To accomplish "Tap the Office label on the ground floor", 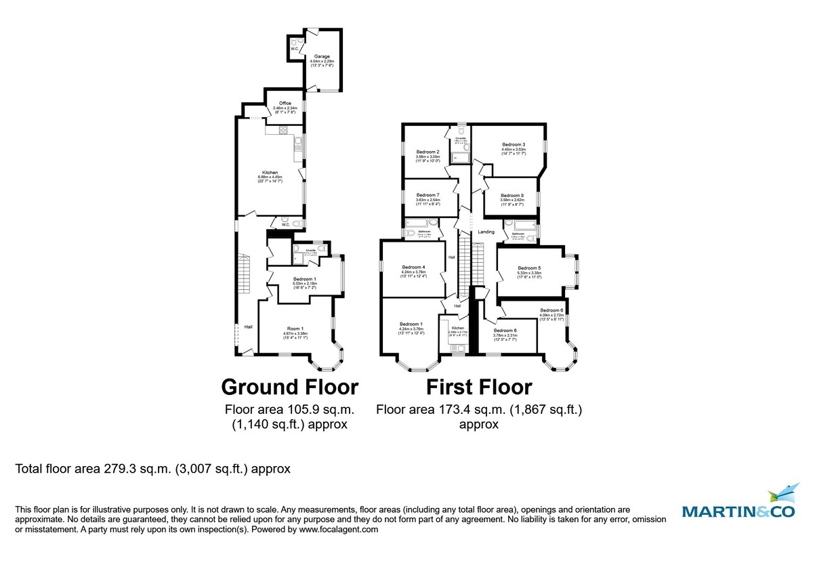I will point(285,104).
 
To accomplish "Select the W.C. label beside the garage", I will point(295,49).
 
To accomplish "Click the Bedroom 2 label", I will point(428,152).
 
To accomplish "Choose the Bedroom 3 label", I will point(514,145).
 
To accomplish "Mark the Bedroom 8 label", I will point(512,195).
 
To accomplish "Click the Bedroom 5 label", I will point(529,268).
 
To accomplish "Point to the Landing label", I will point(486,232).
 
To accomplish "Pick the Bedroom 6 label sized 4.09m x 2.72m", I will point(551,310).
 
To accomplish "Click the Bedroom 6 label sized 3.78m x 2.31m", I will point(505,331).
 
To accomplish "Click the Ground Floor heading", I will point(290,387).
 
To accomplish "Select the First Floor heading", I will point(478,387).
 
